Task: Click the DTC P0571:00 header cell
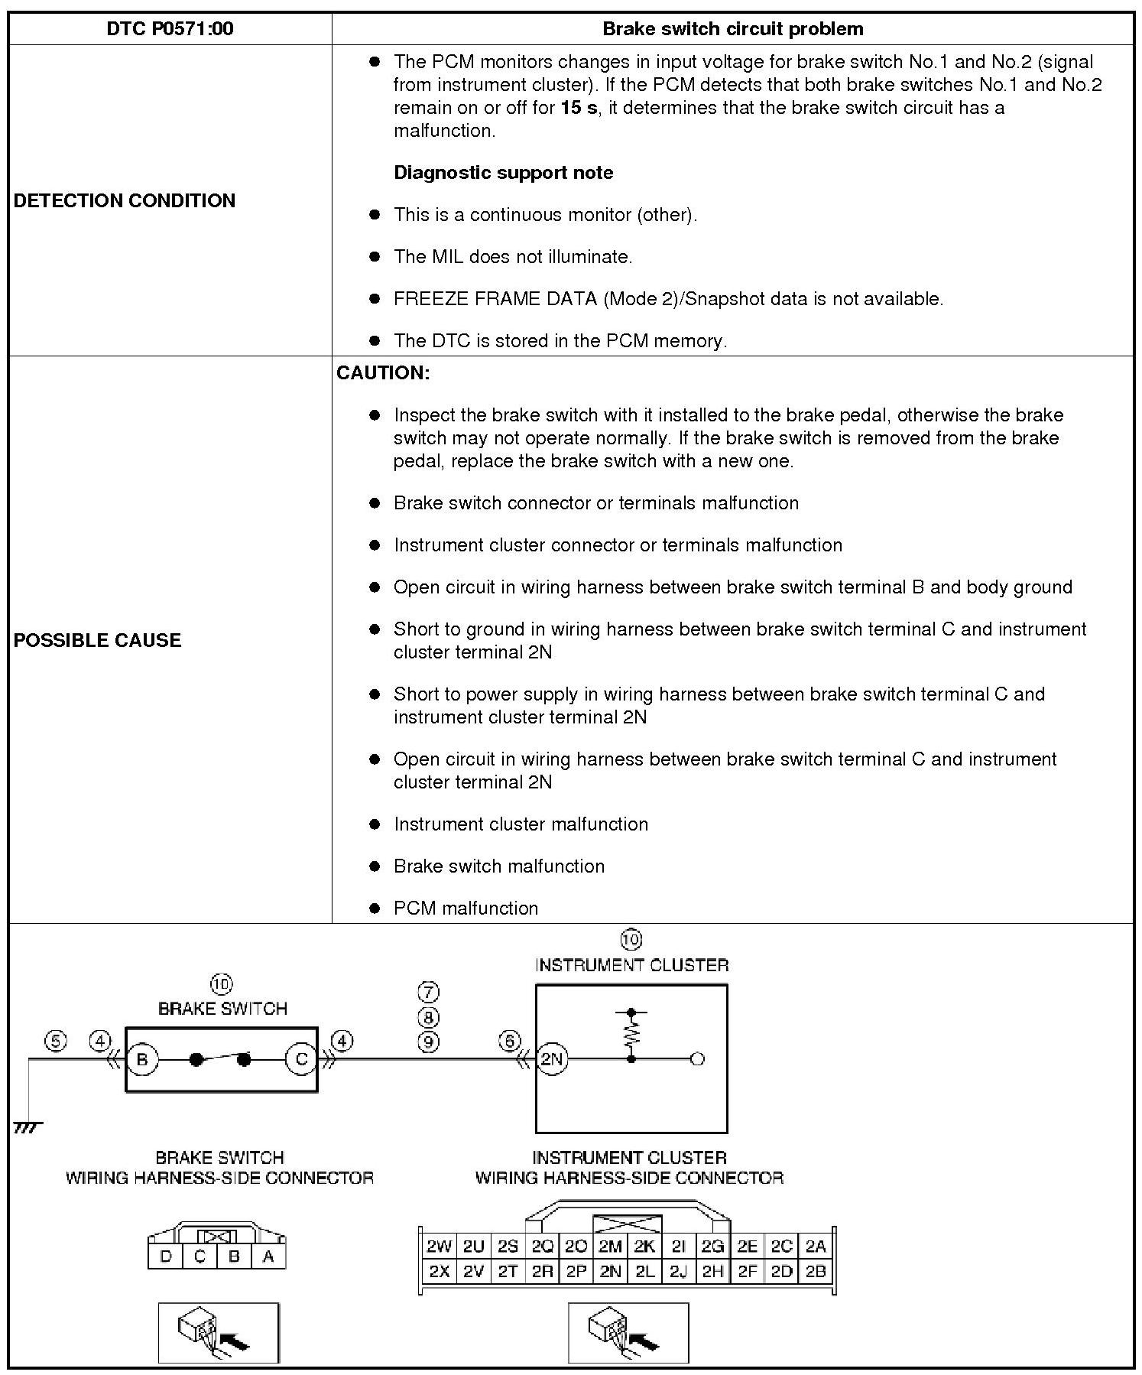[x=170, y=29]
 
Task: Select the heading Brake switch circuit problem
[x=732, y=29]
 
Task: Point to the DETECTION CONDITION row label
[x=125, y=200]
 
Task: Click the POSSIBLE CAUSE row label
[x=98, y=640]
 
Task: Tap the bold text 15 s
[x=579, y=108]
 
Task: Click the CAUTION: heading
[x=383, y=373]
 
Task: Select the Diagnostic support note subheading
[x=503, y=173]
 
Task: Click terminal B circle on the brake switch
[x=142, y=1059]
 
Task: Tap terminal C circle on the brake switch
[x=301, y=1059]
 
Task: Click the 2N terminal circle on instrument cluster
[x=552, y=1059]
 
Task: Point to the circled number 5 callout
[x=56, y=1041]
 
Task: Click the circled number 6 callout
[x=510, y=1041]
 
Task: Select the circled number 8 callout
[x=428, y=1017]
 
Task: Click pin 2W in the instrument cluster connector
[x=439, y=1247]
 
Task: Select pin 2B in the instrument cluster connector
[x=816, y=1271]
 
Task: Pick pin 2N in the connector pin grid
[x=610, y=1271]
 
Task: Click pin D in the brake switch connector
[x=166, y=1256]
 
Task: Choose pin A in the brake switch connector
[x=268, y=1256]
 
